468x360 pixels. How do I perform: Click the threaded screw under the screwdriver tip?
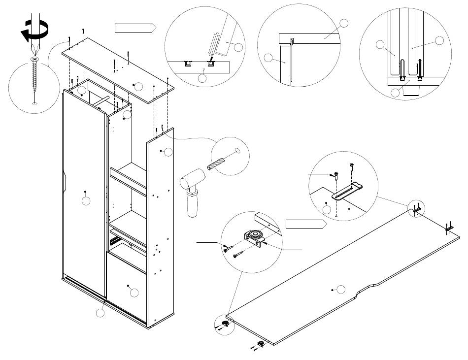34,76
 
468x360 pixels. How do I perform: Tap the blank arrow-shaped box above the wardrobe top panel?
134,28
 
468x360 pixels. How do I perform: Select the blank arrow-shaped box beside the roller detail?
306,225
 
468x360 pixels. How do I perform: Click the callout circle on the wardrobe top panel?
138,87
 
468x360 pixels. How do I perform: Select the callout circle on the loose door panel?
340,289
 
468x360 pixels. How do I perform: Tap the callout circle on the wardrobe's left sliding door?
86,201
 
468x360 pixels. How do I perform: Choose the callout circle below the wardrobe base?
100,312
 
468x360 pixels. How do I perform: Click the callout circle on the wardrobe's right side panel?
167,152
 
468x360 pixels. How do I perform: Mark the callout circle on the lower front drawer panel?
134,293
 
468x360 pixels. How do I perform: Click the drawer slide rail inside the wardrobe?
115,241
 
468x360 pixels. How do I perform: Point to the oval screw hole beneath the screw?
34,104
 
